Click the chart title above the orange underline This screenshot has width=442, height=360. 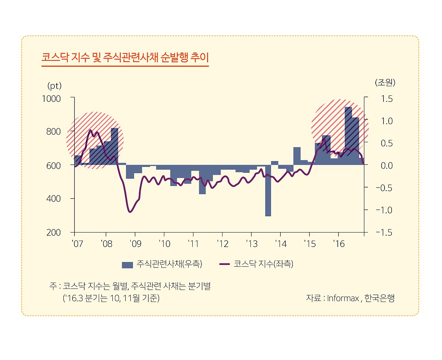(x=125, y=57)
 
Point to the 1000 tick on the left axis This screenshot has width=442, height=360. (x=51, y=99)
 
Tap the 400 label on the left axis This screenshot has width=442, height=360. (x=53, y=199)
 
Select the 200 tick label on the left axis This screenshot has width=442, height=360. (x=53, y=233)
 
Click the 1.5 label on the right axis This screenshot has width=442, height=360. (x=387, y=99)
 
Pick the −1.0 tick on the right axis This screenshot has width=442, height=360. (x=384, y=210)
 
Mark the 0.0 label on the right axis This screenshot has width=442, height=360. (x=387, y=166)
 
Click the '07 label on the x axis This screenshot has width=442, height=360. (x=78, y=244)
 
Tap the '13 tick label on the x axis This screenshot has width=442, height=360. (x=252, y=244)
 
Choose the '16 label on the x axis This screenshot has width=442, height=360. (x=339, y=244)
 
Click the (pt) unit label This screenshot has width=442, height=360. (x=55, y=86)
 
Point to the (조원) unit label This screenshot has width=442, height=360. (x=385, y=83)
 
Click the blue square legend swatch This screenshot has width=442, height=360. (x=127, y=265)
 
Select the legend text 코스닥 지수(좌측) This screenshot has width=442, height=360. (x=263, y=264)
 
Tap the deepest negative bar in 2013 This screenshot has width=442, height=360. (x=268, y=191)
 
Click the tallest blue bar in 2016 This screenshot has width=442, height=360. (x=348, y=136)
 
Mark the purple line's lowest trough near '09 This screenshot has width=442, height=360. (x=130, y=212)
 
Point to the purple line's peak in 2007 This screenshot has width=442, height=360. (x=91, y=130)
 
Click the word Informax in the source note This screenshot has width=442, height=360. (x=343, y=298)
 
